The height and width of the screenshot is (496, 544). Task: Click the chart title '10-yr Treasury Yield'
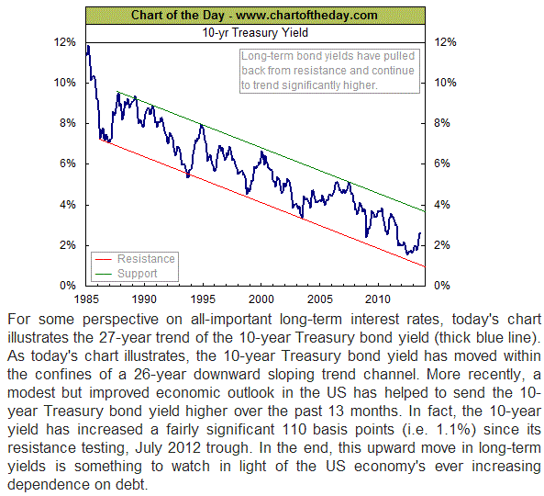click(x=255, y=33)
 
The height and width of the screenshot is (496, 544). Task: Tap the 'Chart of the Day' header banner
click(x=255, y=16)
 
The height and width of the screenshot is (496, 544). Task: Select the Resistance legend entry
click(x=135, y=259)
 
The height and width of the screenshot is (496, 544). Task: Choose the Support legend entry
click(x=127, y=274)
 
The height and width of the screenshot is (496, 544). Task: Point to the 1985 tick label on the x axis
click(x=86, y=299)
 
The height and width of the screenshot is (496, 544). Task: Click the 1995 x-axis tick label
click(x=203, y=299)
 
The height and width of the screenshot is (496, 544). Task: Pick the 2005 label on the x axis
click(x=320, y=299)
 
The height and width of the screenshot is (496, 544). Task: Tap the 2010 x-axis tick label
click(x=378, y=299)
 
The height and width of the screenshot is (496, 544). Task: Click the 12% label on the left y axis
click(x=64, y=42)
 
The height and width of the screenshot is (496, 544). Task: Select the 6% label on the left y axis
click(x=68, y=163)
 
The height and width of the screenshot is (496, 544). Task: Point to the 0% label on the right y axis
click(x=442, y=286)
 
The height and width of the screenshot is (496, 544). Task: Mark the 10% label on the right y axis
click(x=446, y=83)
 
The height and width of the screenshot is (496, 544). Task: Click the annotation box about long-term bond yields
click(x=329, y=71)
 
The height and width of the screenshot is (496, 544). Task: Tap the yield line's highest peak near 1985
click(x=88, y=46)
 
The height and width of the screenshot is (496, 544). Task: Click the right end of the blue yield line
click(x=420, y=233)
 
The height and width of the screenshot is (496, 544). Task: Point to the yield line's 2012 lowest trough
click(x=407, y=254)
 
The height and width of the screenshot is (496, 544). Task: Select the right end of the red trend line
click(x=425, y=266)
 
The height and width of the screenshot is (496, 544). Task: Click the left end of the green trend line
click(x=117, y=91)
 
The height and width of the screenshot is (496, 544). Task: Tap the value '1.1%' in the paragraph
click(x=457, y=430)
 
